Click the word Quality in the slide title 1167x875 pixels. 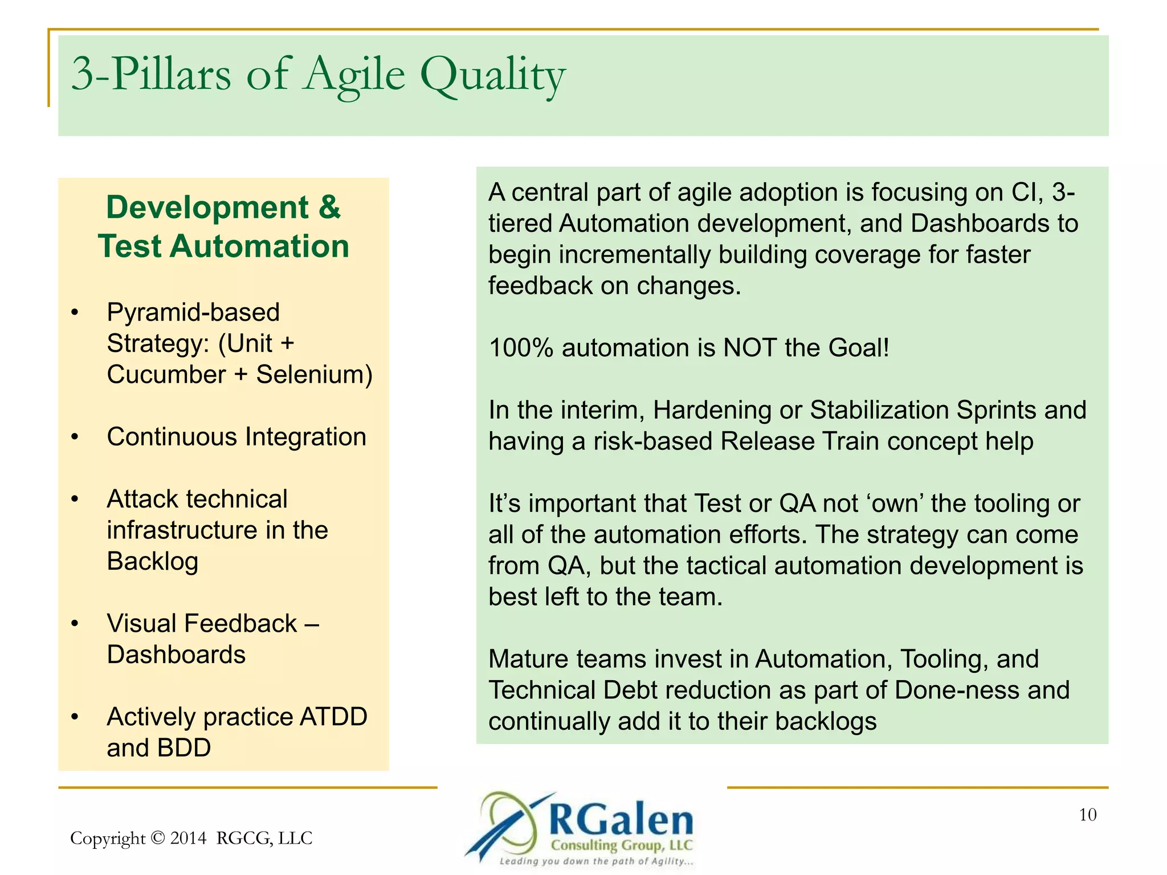pos(492,76)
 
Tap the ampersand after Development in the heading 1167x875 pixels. pos(329,207)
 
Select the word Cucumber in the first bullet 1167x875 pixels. pos(166,375)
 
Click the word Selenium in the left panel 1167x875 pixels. pos(314,375)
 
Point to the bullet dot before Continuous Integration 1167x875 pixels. pos(75,437)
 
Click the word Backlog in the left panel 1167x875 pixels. pos(152,562)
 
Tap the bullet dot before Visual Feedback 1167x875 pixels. pos(75,624)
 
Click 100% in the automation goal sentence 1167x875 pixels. pos(521,348)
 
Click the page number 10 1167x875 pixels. pos(1087,815)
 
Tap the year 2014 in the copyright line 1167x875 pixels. pos(188,838)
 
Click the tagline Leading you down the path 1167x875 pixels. pos(595,861)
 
